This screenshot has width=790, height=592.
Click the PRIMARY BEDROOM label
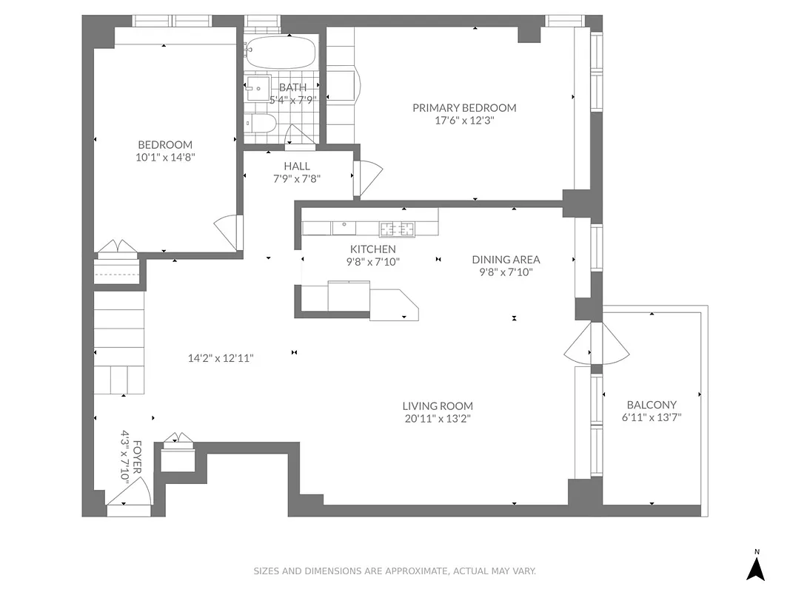[x=464, y=108]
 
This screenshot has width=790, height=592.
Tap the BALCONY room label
[x=652, y=405]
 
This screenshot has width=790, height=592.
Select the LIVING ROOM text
[x=438, y=406]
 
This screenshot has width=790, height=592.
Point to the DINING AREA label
[x=506, y=260]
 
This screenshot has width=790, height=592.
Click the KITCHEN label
[x=373, y=249]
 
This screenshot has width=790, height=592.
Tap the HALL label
[x=297, y=166]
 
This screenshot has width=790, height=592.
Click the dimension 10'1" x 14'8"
[x=166, y=157]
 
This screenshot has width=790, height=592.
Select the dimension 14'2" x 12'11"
[x=221, y=358]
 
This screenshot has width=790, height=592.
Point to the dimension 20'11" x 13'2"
[x=438, y=418]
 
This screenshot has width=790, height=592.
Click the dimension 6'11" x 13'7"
[x=652, y=417]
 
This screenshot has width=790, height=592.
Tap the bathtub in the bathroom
[x=281, y=53]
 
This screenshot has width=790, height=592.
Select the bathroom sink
[x=258, y=88]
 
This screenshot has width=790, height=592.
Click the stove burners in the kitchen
[x=398, y=228]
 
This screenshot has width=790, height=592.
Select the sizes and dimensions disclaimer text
[x=395, y=571]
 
